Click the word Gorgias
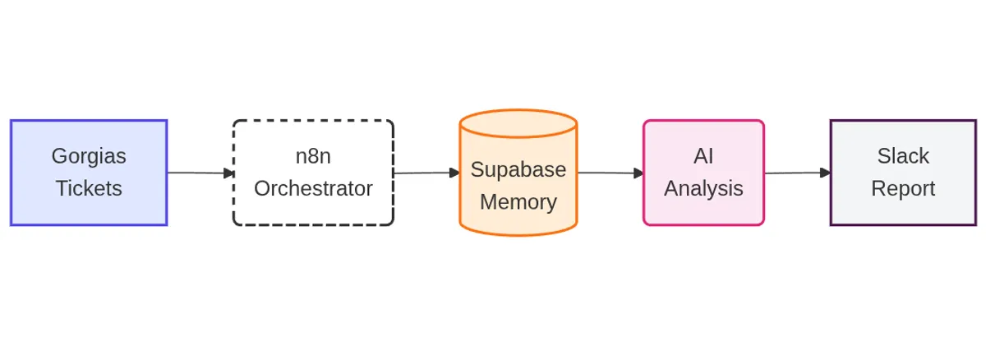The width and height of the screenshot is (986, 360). tap(89, 156)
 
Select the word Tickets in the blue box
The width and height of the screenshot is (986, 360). tap(89, 188)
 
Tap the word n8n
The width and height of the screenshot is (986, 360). tap(313, 156)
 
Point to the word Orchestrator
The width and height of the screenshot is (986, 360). tap(313, 188)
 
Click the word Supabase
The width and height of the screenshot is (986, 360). tap(518, 169)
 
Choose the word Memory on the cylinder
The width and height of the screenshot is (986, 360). tap(518, 201)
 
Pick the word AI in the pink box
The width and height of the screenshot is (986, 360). tap(703, 156)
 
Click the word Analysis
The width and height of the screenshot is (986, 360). tap(703, 188)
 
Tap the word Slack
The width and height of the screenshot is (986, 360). tap(903, 156)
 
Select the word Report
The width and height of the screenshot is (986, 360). tap(903, 188)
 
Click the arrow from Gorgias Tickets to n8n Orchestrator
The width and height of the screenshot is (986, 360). tap(197, 173)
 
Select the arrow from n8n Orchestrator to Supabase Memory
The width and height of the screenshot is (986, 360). tap(423, 173)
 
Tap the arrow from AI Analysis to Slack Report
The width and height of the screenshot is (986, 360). tap(794, 173)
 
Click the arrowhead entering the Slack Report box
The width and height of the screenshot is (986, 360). tap(825, 173)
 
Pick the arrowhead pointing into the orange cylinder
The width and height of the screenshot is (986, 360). tap(454, 173)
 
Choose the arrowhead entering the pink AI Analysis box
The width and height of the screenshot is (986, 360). tap(638, 173)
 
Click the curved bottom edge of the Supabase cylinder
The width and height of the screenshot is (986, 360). tap(518, 234)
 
